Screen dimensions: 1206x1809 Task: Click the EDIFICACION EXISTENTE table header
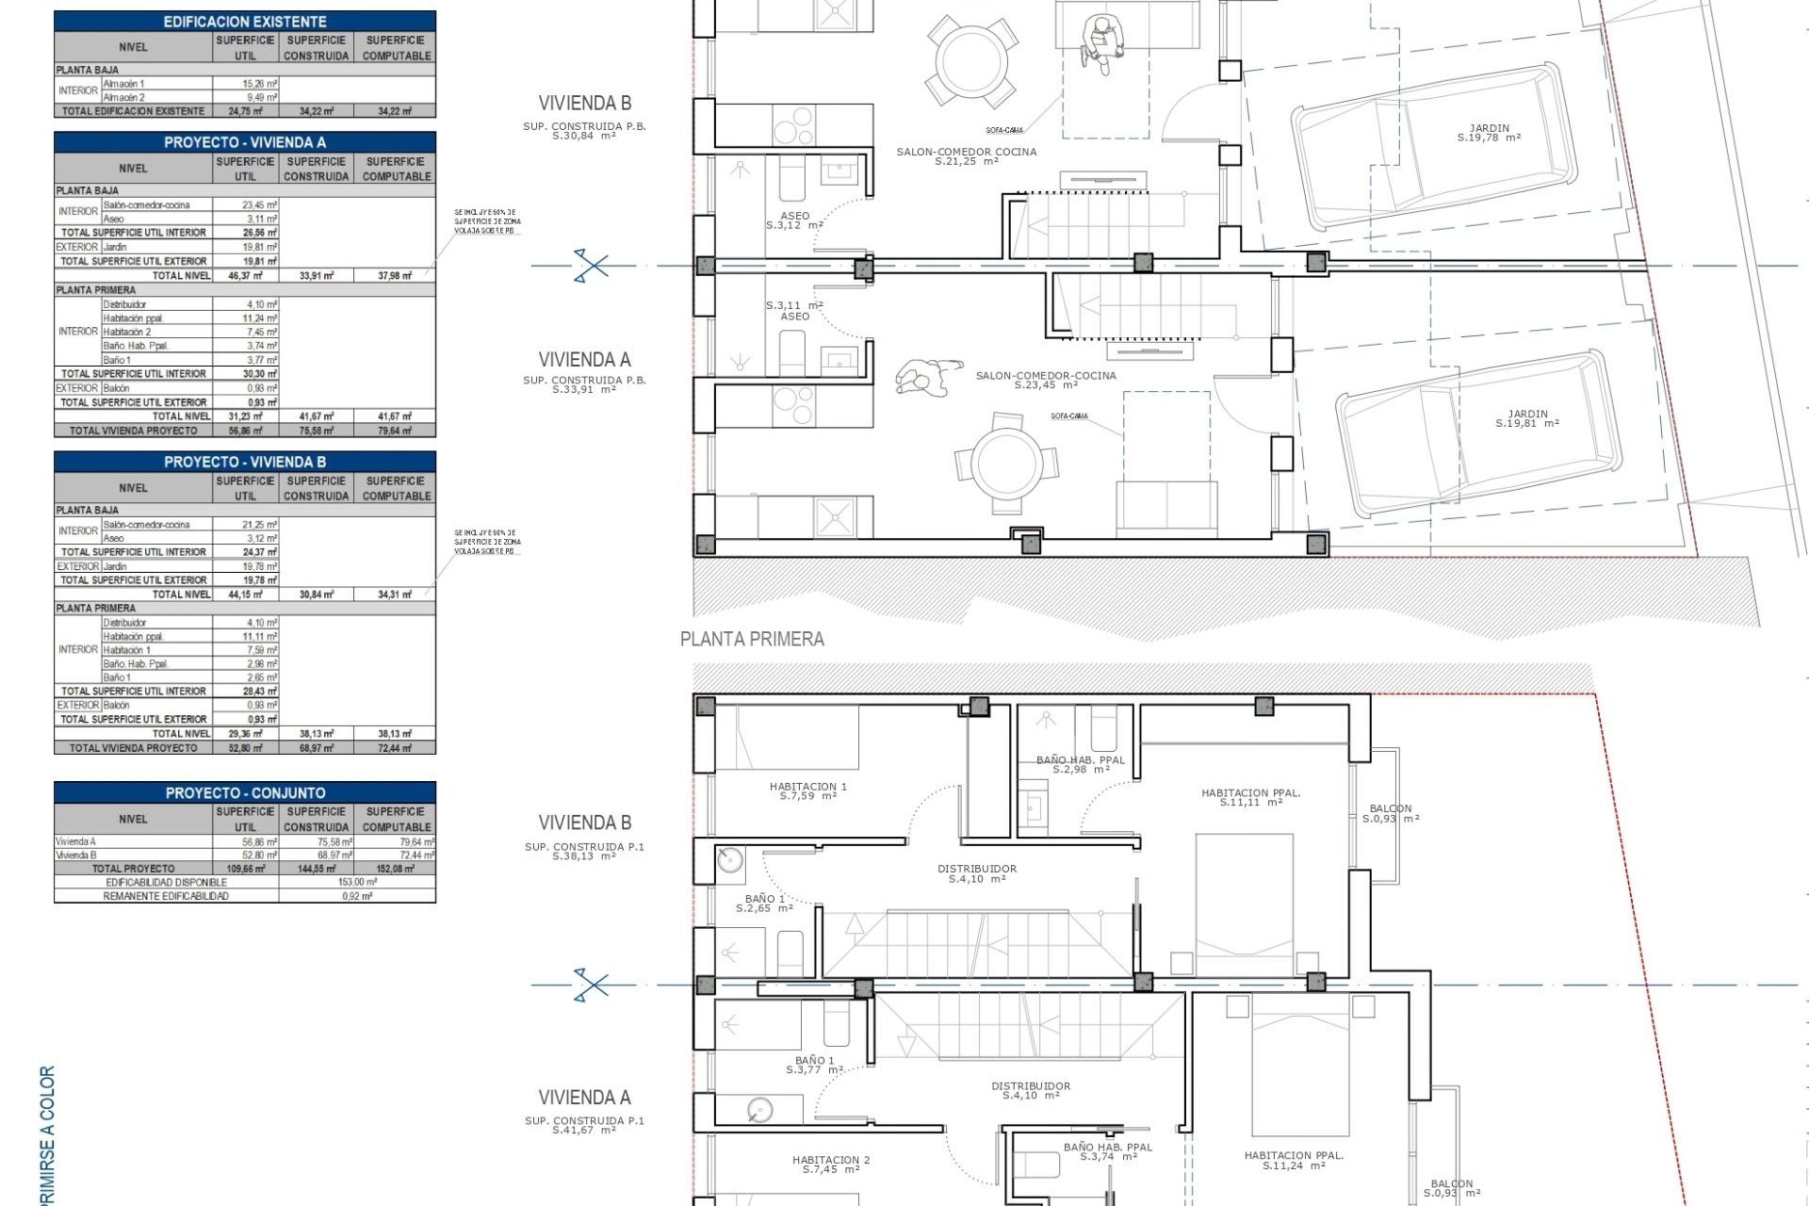(245, 21)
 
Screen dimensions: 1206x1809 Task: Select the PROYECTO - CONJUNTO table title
(245, 793)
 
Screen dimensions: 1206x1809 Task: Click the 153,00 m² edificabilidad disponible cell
(357, 883)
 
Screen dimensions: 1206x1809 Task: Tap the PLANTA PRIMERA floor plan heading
(752, 640)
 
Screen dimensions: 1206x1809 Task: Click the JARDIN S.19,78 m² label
(1489, 133)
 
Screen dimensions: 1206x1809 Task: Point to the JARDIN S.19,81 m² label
(1527, 418)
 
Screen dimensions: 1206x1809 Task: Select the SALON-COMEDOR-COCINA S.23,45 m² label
(1046, 380)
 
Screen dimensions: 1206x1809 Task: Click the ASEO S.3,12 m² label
(794, 220)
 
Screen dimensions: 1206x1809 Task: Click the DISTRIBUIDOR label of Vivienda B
(977, 873)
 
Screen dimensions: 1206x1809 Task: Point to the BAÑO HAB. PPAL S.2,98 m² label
(1081, 764)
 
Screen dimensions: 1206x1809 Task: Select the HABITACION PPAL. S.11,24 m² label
(1294, 1160)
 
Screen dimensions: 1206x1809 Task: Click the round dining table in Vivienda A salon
(1006, 463)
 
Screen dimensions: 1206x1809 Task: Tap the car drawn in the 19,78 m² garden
(1432, 141)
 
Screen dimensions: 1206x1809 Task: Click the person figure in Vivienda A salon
(928, 377)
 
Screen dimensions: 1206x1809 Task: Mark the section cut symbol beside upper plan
(591, 266)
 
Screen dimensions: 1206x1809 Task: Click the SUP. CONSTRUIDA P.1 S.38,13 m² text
(584, 851)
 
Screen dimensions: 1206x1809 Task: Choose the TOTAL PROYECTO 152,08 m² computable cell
(395, 869)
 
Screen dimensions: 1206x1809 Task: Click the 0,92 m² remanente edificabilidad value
(357, 896)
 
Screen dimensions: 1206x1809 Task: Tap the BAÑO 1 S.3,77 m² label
(815, 1065)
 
